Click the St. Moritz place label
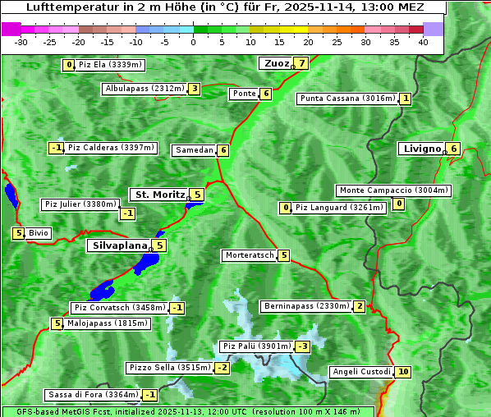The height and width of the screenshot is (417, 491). (x=159, y=195)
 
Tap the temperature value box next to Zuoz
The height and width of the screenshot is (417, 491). (x=302, y=63)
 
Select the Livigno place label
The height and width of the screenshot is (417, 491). (x=421, y=149)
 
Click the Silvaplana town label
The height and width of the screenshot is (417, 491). (x=119, y=245)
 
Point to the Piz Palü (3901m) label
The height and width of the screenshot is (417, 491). (x=256, y=346)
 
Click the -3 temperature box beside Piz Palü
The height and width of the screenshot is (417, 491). (x=303, y=346)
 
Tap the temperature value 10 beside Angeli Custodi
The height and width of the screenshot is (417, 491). (x=402, y=372)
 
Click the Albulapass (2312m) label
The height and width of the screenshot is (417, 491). (x=145, y=89)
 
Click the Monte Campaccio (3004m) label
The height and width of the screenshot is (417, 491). (x=393, y=190)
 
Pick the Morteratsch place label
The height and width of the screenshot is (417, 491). (x=250, y=255)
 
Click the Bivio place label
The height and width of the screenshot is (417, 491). (x=39, y=233)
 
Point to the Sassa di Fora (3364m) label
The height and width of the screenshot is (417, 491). (x=92, y=395)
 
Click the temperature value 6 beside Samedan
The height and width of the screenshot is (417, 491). (x=223, y=150)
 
